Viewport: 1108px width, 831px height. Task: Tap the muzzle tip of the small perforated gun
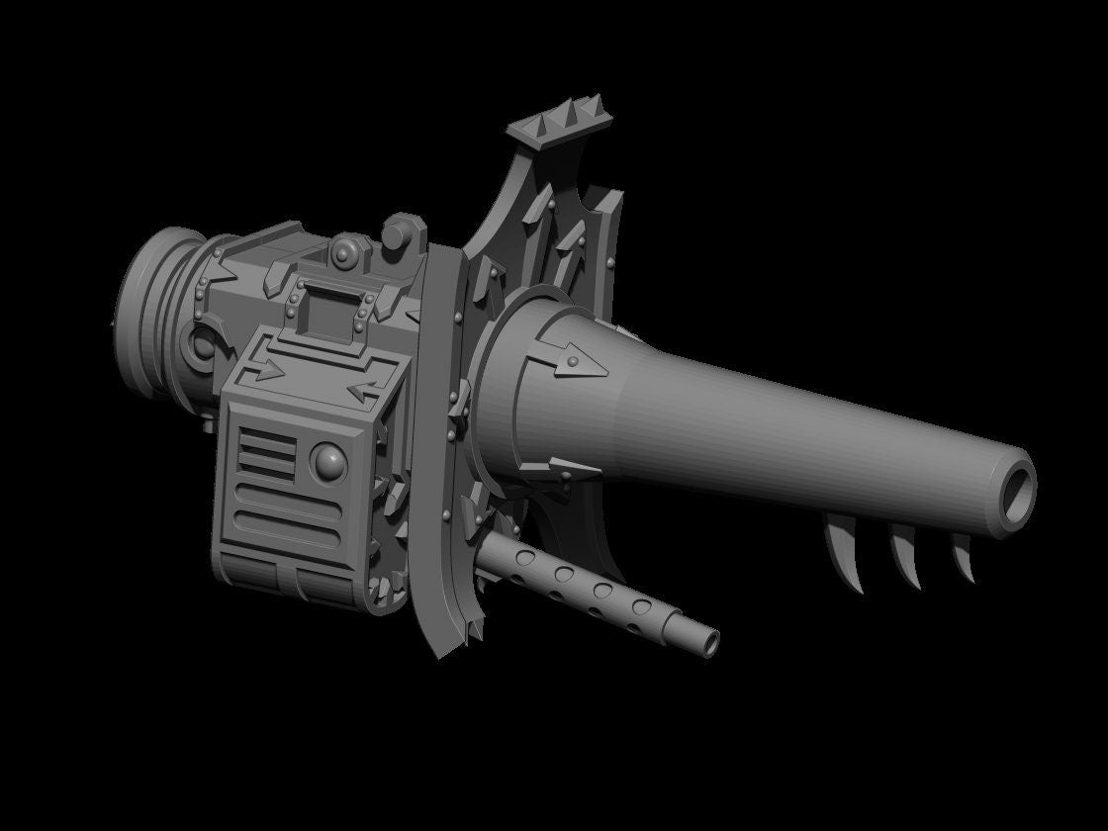click(x=710, y=643)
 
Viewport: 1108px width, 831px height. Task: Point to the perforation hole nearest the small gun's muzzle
click(x=642, y=604)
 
